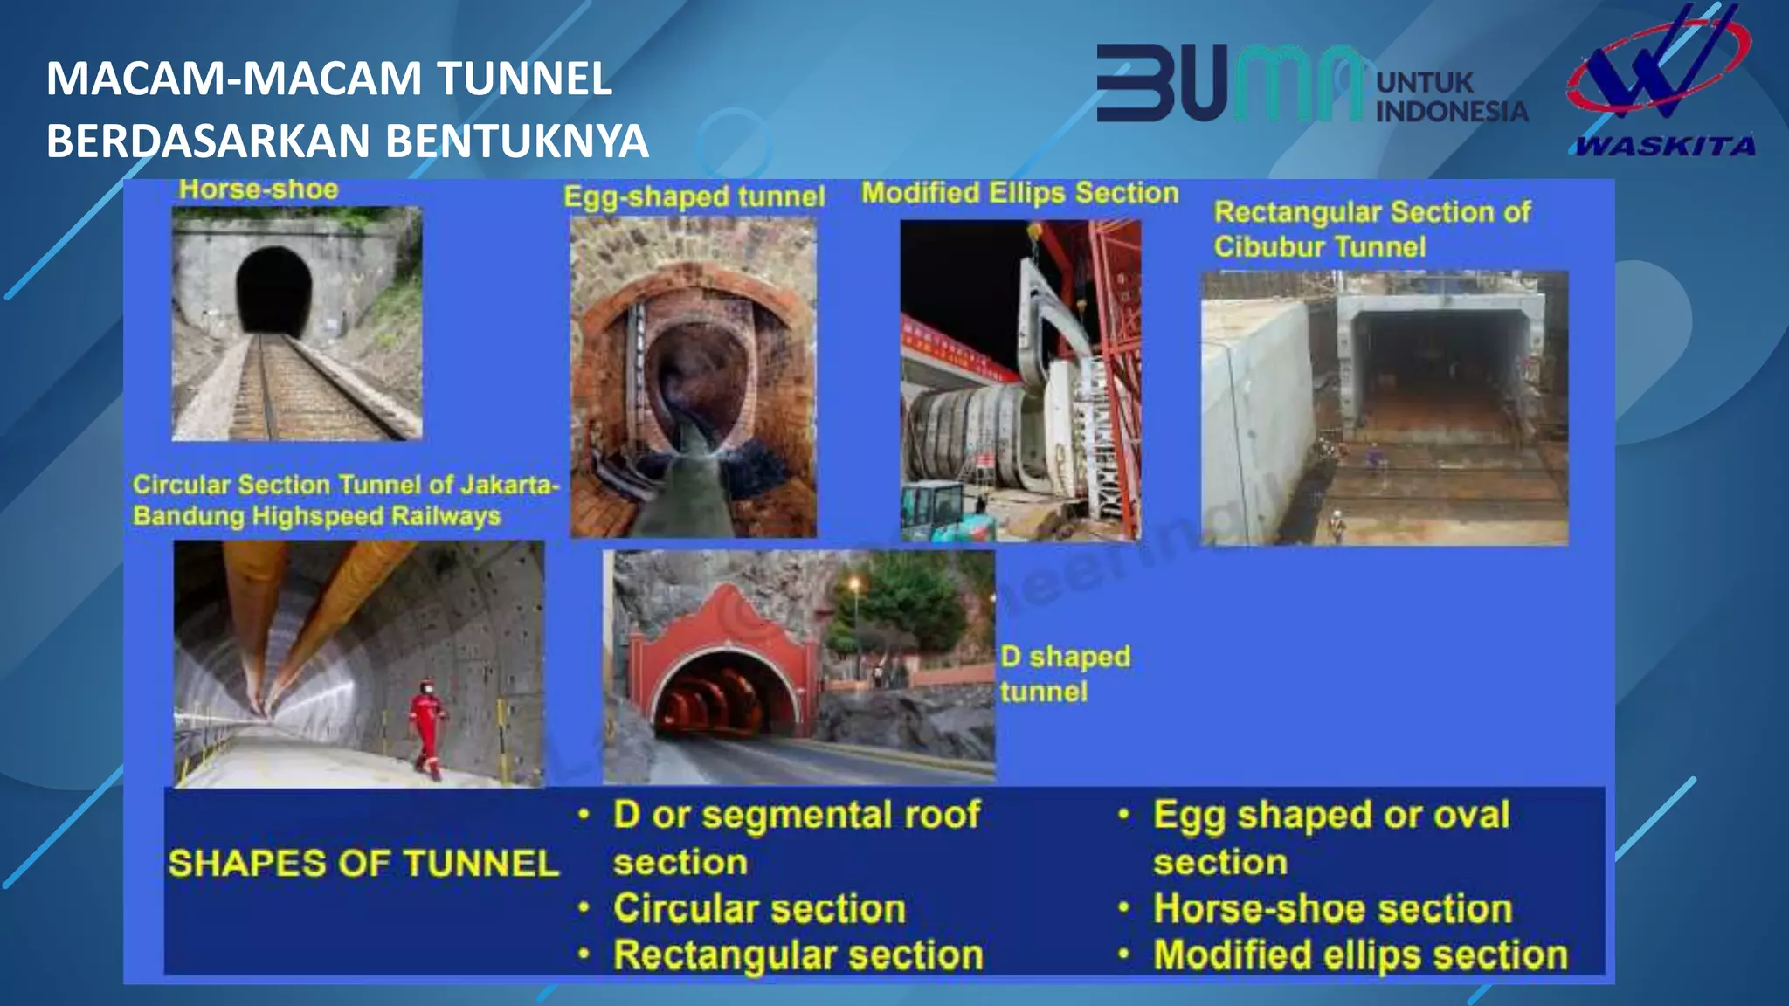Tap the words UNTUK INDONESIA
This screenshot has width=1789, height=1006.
1450,97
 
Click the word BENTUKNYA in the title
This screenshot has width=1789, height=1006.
517,141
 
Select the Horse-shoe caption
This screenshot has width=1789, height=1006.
259,189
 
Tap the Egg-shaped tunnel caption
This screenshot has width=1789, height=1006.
694,196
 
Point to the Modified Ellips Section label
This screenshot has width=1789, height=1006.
1019,193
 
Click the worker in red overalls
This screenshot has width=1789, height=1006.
426,727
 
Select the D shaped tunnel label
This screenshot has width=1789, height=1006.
1065,673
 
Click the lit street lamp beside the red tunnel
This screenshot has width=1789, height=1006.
854,583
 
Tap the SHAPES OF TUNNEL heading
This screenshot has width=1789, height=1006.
363,864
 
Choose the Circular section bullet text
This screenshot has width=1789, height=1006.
759,909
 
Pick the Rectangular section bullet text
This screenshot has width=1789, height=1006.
798,955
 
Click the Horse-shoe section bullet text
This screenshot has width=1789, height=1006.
1332,909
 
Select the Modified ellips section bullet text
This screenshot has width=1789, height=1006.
1360,955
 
